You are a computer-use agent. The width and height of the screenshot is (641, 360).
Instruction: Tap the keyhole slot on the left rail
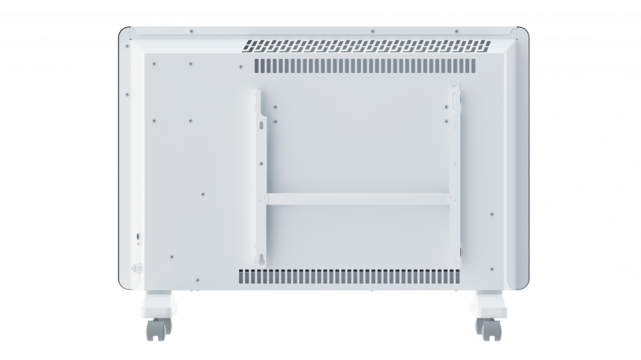tap(262, 259)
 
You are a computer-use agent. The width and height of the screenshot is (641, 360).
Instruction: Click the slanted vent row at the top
tap(366, 46)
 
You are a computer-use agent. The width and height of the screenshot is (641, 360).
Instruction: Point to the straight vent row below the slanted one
tap(366, 66)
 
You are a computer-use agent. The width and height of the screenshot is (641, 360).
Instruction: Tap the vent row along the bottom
tap(349, 276)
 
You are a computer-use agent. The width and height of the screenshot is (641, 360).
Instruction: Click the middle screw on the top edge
tap(372, 31)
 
